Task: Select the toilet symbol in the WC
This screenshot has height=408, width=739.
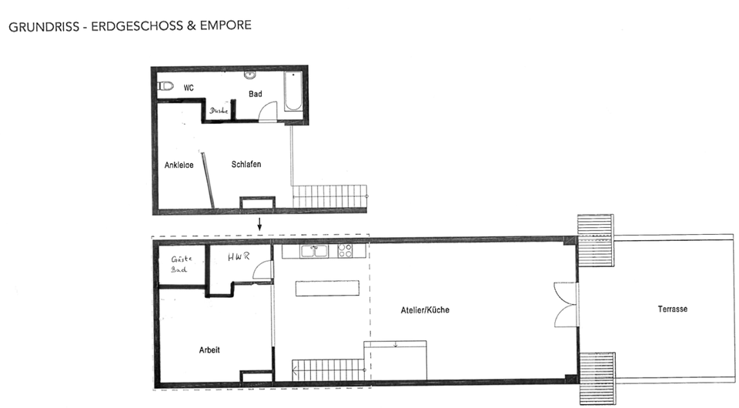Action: pyautogui.click(x=166, y=86)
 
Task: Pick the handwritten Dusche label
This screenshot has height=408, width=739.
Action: pyautogui.click(x=219, y=111)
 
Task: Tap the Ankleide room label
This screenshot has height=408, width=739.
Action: pyautogui.click(x=179, y=165)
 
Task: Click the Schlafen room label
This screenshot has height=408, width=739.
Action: pyautogui.click(x=246, y=164)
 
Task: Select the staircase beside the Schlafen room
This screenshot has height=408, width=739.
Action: pyautogui.click(x=329, y=196)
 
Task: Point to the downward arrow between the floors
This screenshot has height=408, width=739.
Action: pyautogui.click(x=260, y=225)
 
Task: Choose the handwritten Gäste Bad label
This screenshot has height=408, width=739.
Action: pyautogui.click(x=180, y=264)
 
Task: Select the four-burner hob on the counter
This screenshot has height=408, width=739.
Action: pyautogui.click(x=345, y=250)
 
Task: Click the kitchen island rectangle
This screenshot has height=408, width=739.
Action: pyautogui.click(x=328, y=288)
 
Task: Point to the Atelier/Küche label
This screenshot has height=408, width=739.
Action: pyautogui.click(x=424, y=310)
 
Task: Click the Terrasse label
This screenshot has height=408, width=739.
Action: pyautogui.click(x=672, y=309)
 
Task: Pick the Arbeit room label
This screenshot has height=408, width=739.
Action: pyautogui.click(x=209, y=349)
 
